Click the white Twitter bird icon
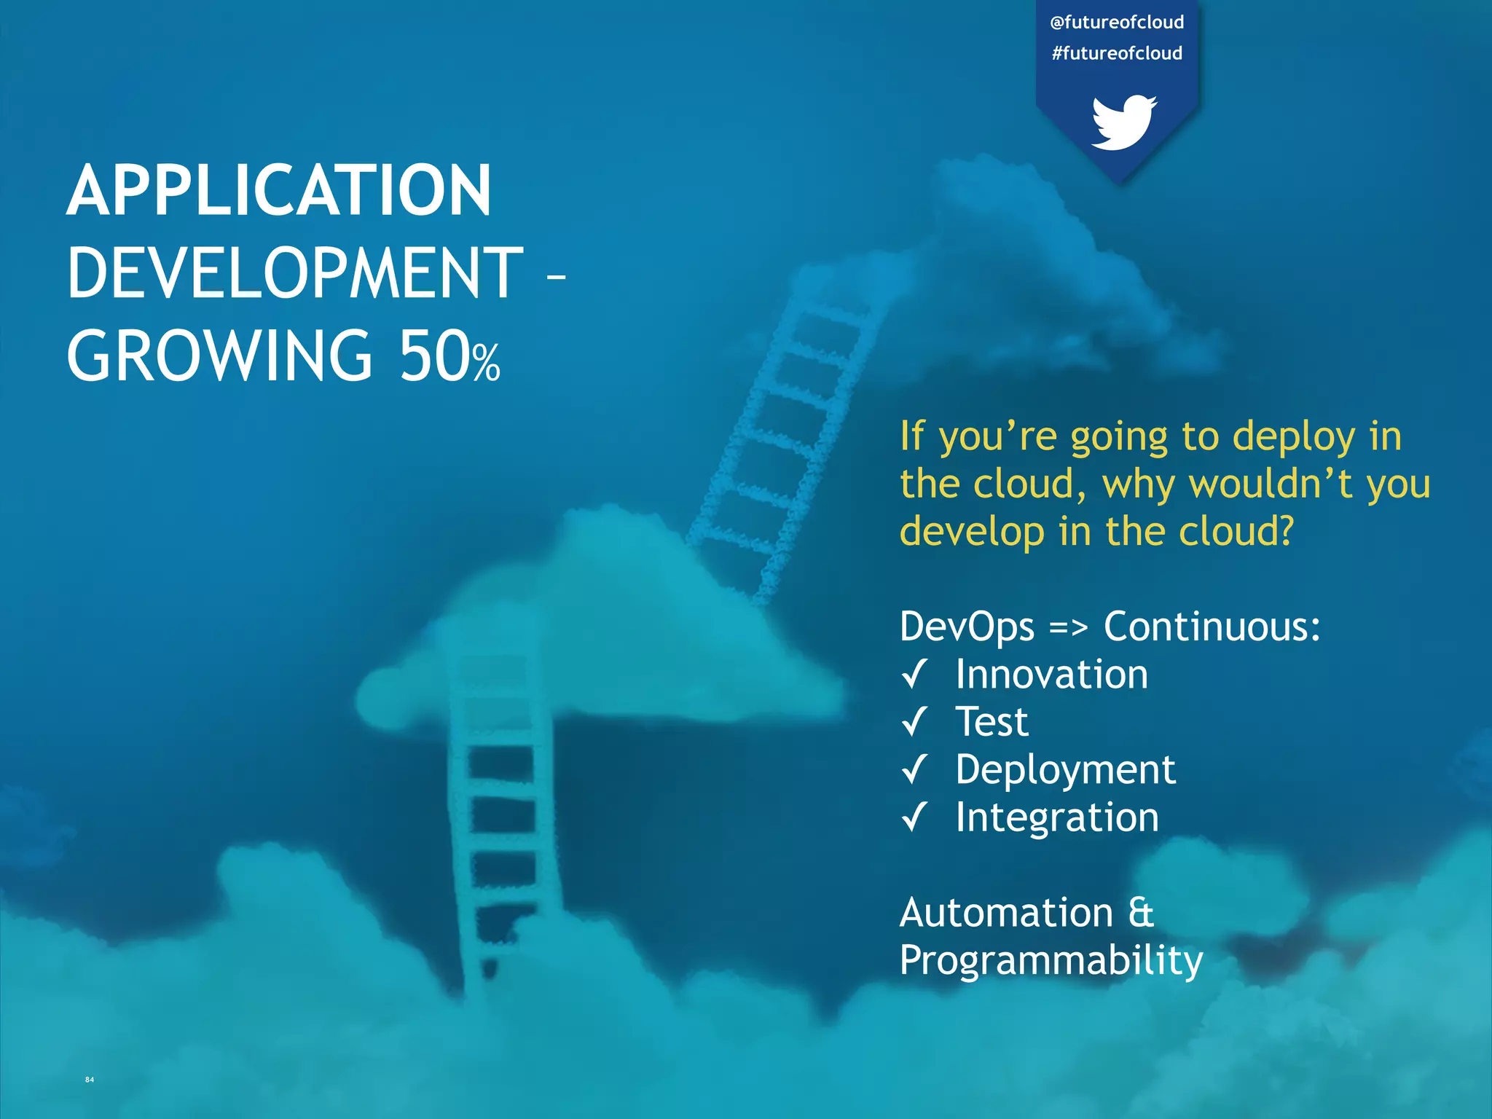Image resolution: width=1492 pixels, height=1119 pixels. click(x=1123, y=122)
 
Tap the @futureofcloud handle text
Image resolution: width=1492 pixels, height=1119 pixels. click(x=1117, y=23)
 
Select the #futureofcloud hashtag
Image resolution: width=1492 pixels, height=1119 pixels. click(x=1117, y=53)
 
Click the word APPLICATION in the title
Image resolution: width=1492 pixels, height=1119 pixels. click(x=280, y=191)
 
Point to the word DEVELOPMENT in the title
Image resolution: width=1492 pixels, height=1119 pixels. click(x=295, y=274)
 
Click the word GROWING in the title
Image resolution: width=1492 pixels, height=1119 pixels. click(x=219, y=356)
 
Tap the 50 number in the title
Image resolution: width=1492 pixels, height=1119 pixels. click(x=434, y=356)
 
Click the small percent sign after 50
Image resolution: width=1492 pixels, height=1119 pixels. click(x=486, y=363)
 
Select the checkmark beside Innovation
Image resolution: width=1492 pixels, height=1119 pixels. click(x=914, y=674)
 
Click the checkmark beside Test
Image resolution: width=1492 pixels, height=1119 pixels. click(x=914, y=721)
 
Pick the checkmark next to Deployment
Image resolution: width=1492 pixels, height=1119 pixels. click(x=914, y=769)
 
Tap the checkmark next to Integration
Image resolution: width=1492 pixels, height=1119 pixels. click(x=914, y=816)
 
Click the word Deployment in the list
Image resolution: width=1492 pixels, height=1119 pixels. click(x=1065, y=770)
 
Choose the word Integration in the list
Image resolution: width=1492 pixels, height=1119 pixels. click(x=1057, y=817)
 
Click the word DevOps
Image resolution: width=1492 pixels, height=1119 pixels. click(x=967, y=627)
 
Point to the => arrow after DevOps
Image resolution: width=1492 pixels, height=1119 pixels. click(x=1068, y=627)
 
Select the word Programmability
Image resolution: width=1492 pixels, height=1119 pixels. click(x=1051, y=961)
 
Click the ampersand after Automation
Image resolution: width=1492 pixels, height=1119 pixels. click(x=1141, y=913)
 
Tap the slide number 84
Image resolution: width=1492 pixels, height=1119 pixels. click(x=90, y=1080)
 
